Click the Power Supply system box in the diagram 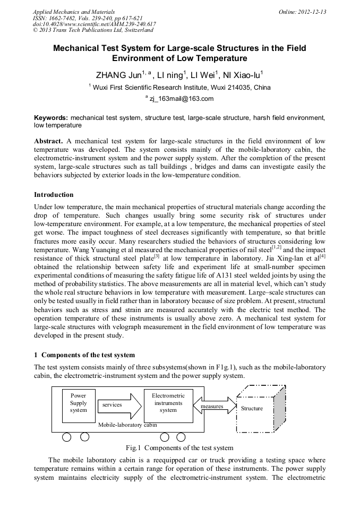click(78, 406)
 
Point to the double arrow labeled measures click(212, 406)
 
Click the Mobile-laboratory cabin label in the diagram click(127, 425)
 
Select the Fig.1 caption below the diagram click(179, 448)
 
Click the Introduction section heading click(54, 195)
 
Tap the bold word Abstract click(48, 142)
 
